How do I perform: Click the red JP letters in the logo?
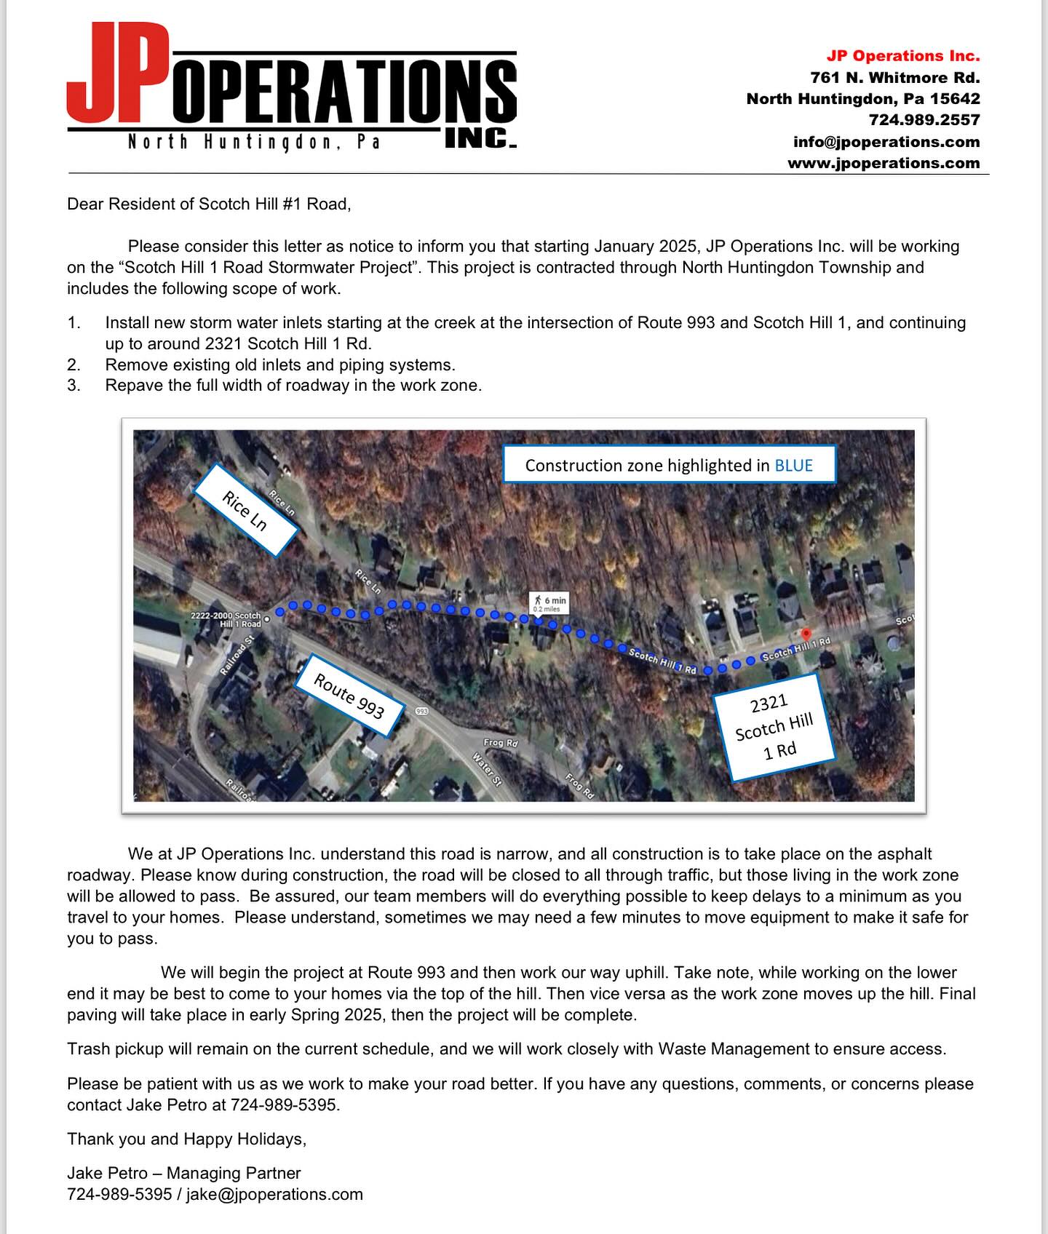116,73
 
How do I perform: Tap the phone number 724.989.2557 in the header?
924,120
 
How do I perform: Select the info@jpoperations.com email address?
886,142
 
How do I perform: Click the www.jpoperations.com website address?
884,163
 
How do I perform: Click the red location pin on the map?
806,635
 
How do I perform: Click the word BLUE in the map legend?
793,466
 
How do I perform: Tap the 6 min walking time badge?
549,603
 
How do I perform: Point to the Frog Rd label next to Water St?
501,743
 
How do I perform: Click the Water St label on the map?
487,769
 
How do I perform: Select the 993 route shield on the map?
421,710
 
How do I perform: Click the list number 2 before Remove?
74,365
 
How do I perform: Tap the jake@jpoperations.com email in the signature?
274,1194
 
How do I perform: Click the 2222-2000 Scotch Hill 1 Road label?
226,620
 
